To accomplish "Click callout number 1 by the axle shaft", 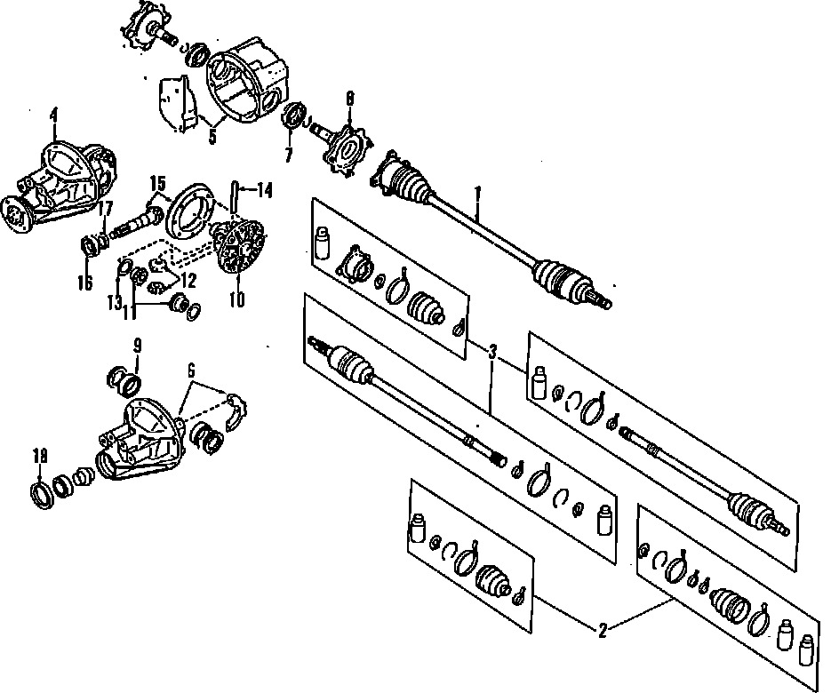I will point(477,192).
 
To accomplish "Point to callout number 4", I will point(54,115).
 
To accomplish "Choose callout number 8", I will point(349,100).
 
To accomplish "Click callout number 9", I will point(138,345).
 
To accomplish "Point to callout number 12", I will point(188,278).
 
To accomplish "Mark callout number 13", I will point(115,302).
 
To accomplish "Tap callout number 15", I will point(157,185).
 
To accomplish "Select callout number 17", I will point(105,210).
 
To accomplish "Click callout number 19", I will point(38,457).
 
